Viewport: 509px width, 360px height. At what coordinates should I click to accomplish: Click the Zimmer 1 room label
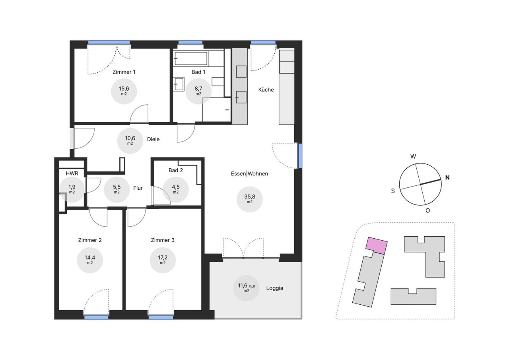(124, 72)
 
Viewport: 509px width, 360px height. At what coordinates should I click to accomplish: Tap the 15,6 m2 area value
(124, 90)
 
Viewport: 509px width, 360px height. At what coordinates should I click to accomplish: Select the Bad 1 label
(198, 72)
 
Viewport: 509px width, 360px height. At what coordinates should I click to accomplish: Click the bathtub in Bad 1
(191, 58)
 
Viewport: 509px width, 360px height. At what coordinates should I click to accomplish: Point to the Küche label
(266, 90)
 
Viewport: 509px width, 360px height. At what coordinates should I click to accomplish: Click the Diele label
(153, 139)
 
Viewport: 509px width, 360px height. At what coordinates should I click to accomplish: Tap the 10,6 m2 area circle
(130, 141)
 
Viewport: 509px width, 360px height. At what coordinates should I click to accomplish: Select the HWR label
(72, 173)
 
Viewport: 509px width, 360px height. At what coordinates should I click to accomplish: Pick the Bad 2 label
(176, 170)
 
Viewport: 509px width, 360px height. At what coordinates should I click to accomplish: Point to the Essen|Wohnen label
(249, 174)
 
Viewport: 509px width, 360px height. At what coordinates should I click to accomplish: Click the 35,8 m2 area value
(249, 198)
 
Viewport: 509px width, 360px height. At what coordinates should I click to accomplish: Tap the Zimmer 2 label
(90, 240)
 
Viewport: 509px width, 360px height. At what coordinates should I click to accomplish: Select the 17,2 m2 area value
(163, 259)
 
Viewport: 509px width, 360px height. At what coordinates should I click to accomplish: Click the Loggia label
(275, 288)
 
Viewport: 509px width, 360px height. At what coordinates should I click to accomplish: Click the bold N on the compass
(447, 177)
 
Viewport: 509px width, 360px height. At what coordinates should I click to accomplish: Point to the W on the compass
(413, 156)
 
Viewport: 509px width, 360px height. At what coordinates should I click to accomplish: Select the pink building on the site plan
(377, 245)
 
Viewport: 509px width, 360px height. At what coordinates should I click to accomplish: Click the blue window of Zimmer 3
(161, 317)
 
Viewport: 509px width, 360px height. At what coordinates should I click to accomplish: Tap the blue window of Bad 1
(190, 43)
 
